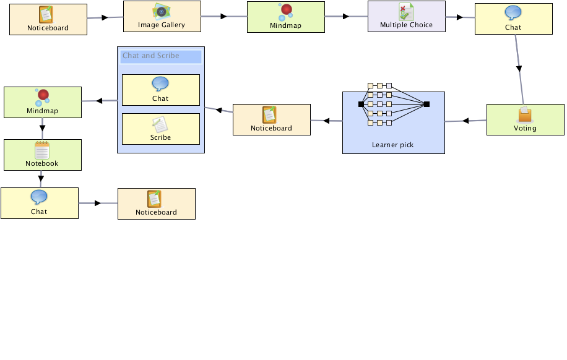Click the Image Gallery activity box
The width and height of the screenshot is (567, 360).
tap(162, 16)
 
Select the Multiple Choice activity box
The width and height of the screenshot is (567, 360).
tap(407, 16)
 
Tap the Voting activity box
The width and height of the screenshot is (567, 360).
tap(526, 119)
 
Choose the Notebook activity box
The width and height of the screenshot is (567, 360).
tap(43, 155)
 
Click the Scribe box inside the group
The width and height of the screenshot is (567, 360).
tap(161, 129)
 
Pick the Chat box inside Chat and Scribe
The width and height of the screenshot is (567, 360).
tap(161, 90)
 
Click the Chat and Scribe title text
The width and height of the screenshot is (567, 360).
tap(151, 56)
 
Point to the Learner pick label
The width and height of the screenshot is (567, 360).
tap(392, 145)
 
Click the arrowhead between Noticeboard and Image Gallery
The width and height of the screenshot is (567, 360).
tap(105, 17)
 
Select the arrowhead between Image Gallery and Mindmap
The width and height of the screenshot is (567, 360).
tap(224, 16)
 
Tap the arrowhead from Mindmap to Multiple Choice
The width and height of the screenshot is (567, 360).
tap(346, 16)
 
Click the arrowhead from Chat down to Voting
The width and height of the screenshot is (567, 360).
tap(519, 69)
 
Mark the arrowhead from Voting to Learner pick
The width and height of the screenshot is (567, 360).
tap(465, 121)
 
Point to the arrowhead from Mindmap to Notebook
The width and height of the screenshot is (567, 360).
tap(42, 128)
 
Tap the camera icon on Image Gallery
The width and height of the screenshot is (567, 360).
tap(162, 12)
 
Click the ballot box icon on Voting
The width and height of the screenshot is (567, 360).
tap(525, 114)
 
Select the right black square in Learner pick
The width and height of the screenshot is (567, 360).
tap(426, 104)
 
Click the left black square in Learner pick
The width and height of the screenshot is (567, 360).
tap(361, 104)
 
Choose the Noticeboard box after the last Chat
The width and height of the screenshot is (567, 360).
tap(157, 204)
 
